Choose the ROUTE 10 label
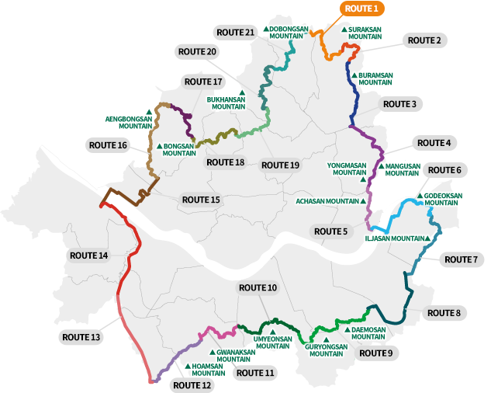[258, 288]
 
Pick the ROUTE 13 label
[80, 337]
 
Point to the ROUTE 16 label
[107, 144]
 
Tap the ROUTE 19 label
[280, 165]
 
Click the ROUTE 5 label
[329, 231]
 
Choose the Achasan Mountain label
[329, 200]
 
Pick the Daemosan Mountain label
[368, 333]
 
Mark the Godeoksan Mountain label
[442, 199]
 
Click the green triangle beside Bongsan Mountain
[159, 145]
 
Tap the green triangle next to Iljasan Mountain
[427, 238]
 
